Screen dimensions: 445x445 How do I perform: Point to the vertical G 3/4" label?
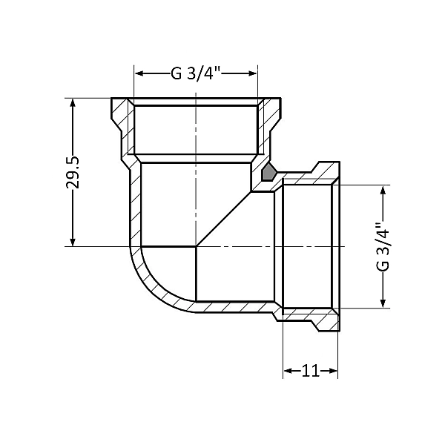[383, 246]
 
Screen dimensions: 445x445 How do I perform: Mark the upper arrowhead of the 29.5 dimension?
[72, 103]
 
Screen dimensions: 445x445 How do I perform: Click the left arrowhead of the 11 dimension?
[288, 370]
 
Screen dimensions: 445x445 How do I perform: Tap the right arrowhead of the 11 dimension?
[334, 370]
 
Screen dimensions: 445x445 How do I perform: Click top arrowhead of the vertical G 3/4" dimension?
[383, 191]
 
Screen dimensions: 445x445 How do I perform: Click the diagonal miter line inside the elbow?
[222, 219]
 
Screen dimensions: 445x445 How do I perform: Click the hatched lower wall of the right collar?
[311, 314]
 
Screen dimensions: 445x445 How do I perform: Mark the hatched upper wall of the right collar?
[311, 177]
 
